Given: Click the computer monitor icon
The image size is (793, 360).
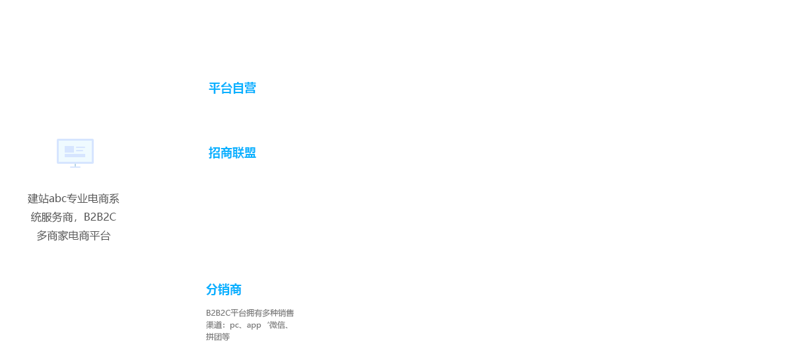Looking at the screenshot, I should (75, 151).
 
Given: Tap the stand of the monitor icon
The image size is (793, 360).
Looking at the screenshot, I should (75, 165).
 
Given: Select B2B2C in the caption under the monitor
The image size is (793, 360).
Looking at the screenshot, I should (100, 217).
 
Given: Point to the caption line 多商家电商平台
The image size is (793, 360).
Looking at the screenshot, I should (73, 236).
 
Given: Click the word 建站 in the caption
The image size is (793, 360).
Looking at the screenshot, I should (38, 199).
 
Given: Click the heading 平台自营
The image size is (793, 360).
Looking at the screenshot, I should (232, 88).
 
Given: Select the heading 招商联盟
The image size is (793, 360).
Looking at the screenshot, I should (232, 153).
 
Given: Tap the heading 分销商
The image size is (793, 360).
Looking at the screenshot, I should (224, 289).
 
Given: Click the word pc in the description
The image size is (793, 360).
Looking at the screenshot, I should (234, 325).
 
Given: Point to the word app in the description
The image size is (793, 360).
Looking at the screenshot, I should (254, 325).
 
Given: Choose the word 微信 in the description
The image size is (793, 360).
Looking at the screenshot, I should (277, 325).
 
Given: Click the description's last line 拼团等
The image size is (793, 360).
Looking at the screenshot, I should (218, 337).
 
